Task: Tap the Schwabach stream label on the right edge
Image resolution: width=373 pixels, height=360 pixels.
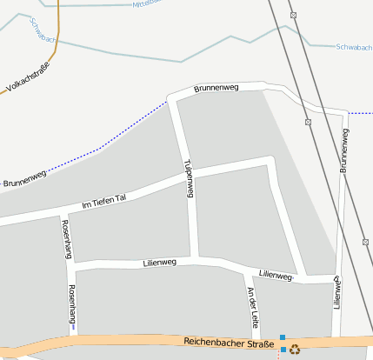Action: coord(353,46)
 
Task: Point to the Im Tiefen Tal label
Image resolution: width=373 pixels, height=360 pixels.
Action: coord(103,202)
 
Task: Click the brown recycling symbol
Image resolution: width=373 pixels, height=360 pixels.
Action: coord(295,350)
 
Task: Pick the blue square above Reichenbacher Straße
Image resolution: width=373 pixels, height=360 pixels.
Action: coord(283,337)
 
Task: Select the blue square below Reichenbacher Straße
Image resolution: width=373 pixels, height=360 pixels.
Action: coord(283,350)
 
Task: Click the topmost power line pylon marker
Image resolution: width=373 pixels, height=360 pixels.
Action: coord(294,15)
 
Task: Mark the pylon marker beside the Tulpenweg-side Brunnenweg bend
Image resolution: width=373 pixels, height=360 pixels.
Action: coord(309,123)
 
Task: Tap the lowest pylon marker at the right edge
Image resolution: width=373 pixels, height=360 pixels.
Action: coord(364,242)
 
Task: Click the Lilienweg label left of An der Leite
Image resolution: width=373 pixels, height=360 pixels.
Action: coord(158,262)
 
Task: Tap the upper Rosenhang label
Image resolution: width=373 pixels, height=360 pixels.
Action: coord(65,233)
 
